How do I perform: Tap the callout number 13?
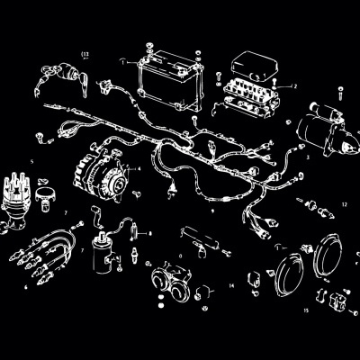click(x=85, y=55)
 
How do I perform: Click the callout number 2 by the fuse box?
click(x=294, y=85)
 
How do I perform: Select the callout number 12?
click(x=343, y=205)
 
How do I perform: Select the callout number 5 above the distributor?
click(x=33, y=162)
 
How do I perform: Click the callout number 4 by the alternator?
click(x=139, y=168)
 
